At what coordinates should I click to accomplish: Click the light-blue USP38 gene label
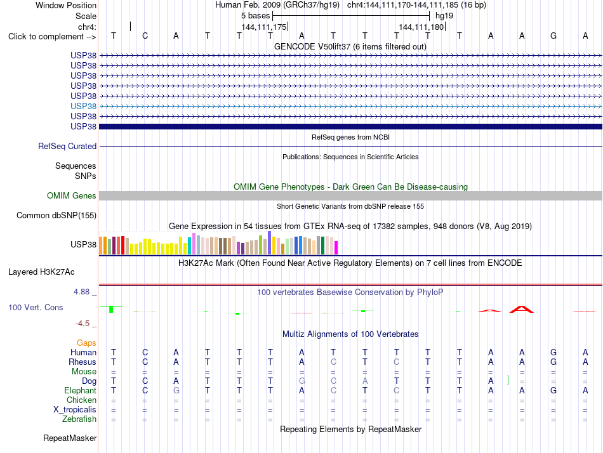click(x=83, y=106)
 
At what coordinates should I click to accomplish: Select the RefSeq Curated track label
click(x=67, y=146)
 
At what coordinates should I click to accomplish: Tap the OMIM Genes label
click(x=72, y=196)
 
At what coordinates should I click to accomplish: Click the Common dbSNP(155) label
click(x=56, y=215)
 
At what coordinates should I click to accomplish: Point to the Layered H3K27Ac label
click(x=41, y=272)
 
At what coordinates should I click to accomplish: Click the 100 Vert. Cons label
click(x=36, y=307)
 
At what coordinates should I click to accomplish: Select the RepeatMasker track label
click(x=70, y=438)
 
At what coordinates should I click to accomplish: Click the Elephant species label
click(x=81, y=390)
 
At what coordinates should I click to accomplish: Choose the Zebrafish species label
click(x=79, y=419)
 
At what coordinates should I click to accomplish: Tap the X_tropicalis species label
click(x=75, y=410)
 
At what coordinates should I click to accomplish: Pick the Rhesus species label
click(x=83, y=362)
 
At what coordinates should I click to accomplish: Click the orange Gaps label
click(x=86, y=343)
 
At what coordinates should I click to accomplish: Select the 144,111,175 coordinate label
click(x=264, y=27)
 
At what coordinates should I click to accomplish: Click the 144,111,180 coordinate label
click(x=421, y=27)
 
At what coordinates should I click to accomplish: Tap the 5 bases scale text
click(x=255, y=16)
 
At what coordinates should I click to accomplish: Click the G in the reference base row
click(x=553, y=36)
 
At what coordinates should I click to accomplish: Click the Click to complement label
click(x=52, y=37)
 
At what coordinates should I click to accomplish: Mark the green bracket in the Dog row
click(x=508, y=380)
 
